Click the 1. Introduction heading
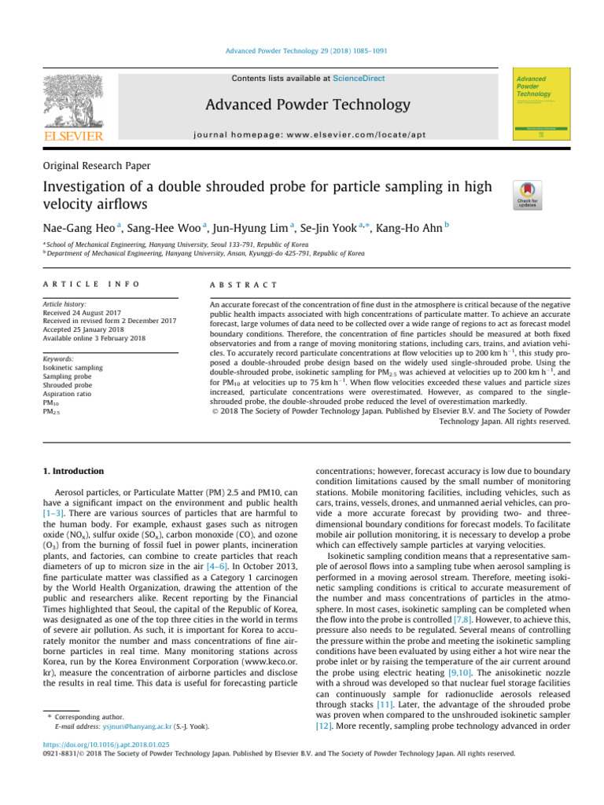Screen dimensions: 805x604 pyautogui.click(x=72, y=471)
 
